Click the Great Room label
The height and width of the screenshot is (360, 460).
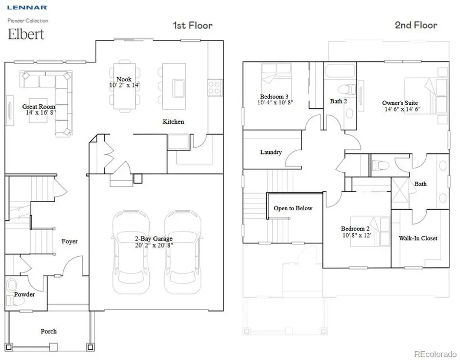[38, 107]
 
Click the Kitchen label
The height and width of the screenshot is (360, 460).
[173, 122]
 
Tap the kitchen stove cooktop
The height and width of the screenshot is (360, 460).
[213, 87]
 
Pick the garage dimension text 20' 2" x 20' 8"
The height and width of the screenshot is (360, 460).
[154, 245]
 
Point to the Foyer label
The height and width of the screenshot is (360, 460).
[70, 241]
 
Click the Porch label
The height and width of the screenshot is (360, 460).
[49, 331]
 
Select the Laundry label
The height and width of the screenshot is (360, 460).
[270, 152]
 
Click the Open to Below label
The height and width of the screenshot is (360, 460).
[292, 208]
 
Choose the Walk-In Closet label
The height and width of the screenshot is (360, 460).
[418, 238]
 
